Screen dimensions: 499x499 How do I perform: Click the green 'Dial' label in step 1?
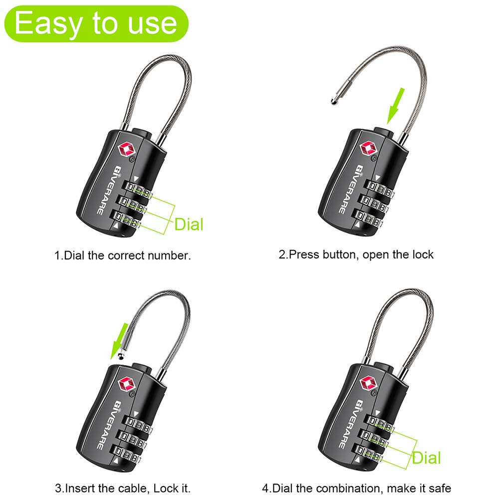pos(189,224)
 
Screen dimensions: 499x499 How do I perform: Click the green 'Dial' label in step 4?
pos(426,458)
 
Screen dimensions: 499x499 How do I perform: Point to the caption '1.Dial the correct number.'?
pos(123,256)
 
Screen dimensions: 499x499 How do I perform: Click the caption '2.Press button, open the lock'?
pos(356,254)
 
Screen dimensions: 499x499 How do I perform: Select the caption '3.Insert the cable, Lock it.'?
pos(123,488)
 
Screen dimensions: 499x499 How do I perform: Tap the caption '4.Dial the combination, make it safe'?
pos(357,488)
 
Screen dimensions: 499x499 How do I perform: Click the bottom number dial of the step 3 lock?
pos(130,451)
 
